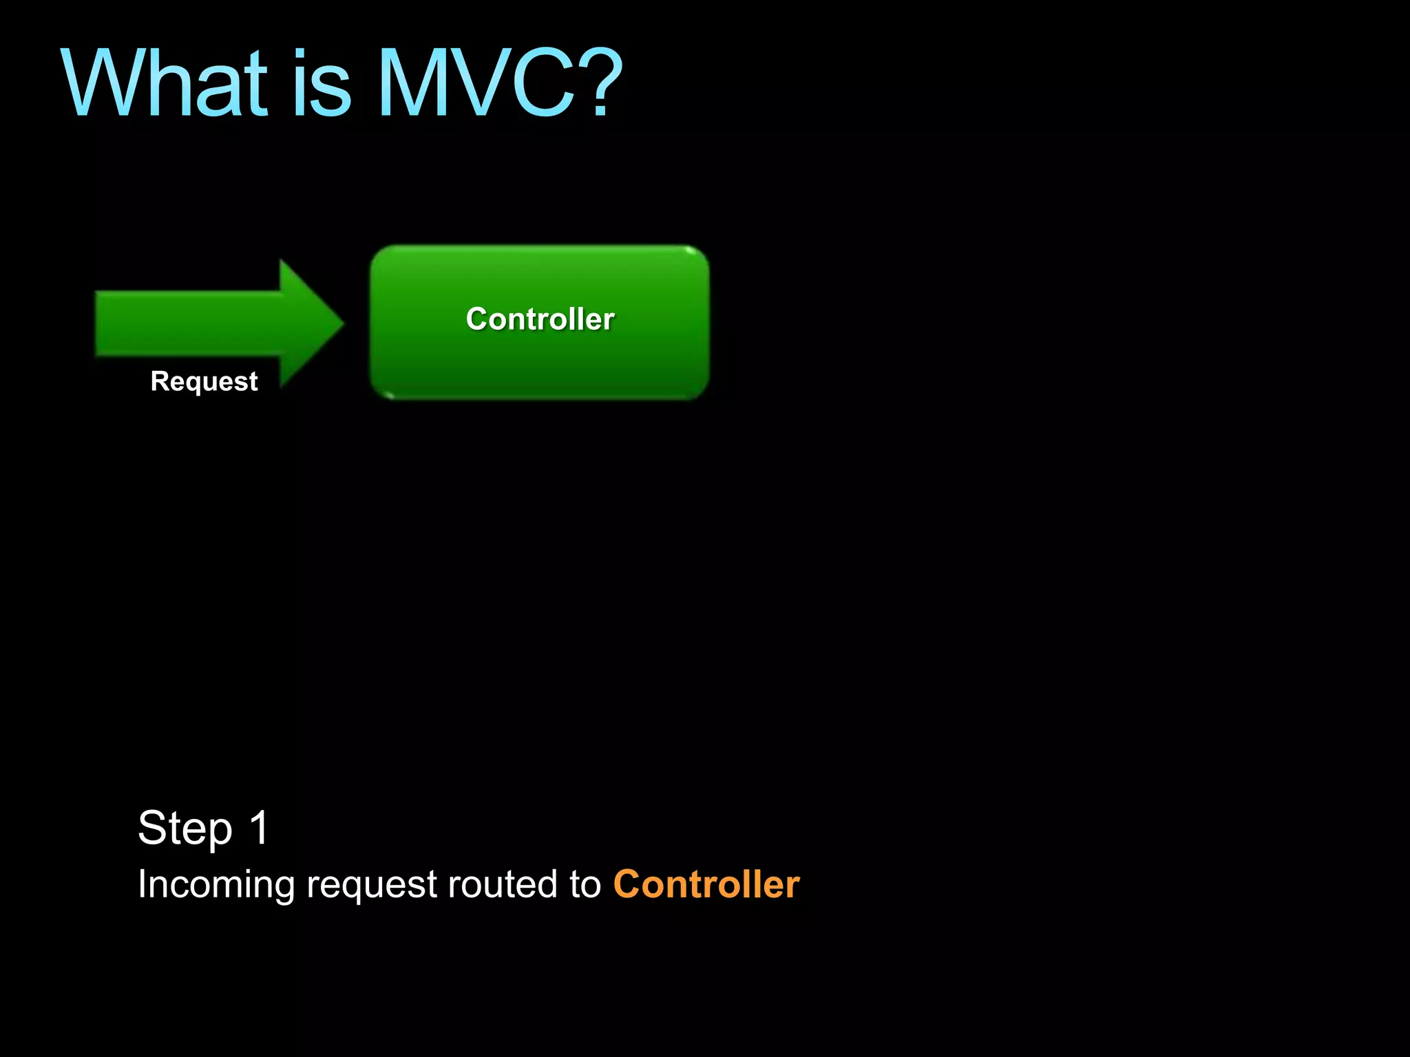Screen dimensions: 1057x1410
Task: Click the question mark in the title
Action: click(x=602, y=83)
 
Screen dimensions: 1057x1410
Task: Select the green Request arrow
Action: click(x=207, y=323)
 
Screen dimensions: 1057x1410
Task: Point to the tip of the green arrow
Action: click(x=341, y=323)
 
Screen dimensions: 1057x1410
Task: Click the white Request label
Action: click(x=204, y=381)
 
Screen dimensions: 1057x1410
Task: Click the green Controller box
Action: click(x=540, y=358)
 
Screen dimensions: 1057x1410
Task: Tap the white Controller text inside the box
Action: click(x=540, y=319)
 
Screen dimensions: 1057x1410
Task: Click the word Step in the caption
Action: click(x=185, y=829)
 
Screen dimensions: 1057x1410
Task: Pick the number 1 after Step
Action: click(x=260, y=827)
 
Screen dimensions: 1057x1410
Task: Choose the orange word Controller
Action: click(x=706, y=884)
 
